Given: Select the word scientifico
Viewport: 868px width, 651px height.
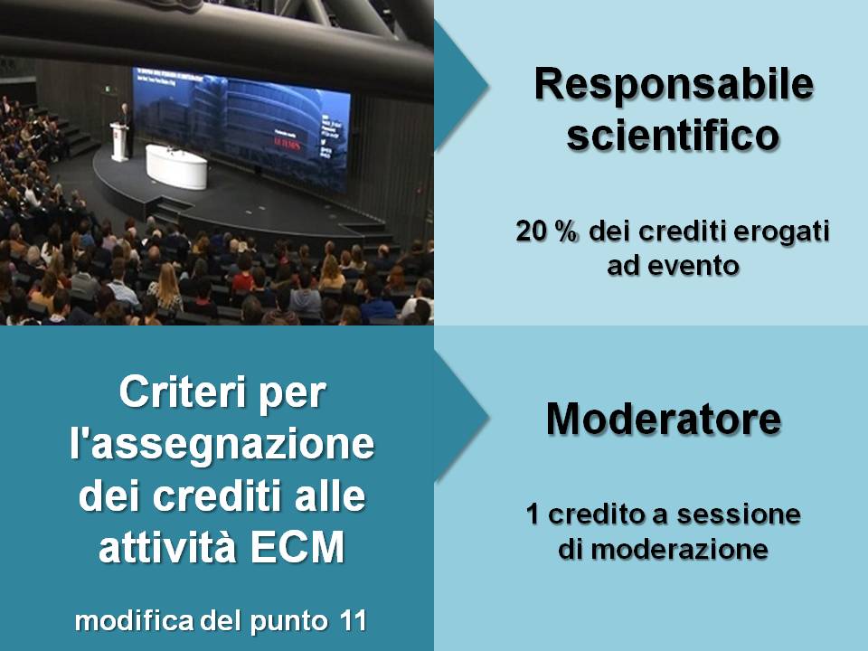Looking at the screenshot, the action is (x=673, y=135).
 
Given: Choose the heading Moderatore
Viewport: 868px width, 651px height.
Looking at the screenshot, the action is (x=664, y=419).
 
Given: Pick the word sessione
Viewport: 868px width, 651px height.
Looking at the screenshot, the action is (x=739, y=514).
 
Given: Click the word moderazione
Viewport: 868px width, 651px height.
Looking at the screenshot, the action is (x=679, y=550).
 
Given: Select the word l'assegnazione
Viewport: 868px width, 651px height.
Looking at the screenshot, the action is (x=222, y=444).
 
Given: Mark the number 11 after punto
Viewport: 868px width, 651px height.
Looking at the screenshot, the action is (x=354, y=621).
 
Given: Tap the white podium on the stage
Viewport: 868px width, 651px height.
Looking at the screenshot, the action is (x=119, y=142).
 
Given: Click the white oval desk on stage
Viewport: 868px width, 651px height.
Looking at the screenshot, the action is (x=176, y=166).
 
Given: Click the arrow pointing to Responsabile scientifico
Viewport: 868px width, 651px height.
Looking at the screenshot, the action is (x=460, y=86).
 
